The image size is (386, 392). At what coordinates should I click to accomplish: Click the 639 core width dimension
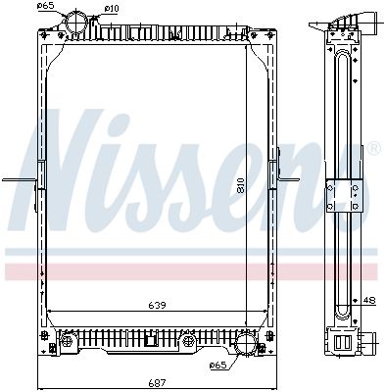157,306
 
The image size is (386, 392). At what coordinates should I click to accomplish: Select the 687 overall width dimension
157,382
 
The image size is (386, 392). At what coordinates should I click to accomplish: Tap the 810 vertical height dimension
241,186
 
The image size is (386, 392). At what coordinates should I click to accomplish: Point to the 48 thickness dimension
370,300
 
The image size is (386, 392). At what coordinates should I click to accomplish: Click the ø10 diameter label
112,9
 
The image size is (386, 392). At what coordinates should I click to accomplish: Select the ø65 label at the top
45,5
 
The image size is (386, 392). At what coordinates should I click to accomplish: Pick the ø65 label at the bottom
217,365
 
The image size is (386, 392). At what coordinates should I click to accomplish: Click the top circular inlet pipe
76,20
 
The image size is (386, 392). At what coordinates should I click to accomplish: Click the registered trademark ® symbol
374,148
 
